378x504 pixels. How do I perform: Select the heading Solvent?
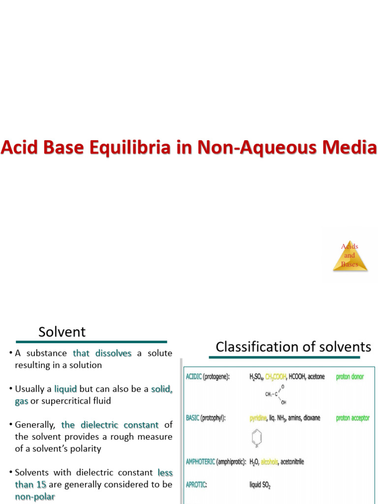point(62,332)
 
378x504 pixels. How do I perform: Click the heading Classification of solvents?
point(293,346)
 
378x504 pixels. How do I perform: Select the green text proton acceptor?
point(352,418)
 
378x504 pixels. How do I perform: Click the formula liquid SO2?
point(260,484)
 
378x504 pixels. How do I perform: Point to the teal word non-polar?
point(35,497)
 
